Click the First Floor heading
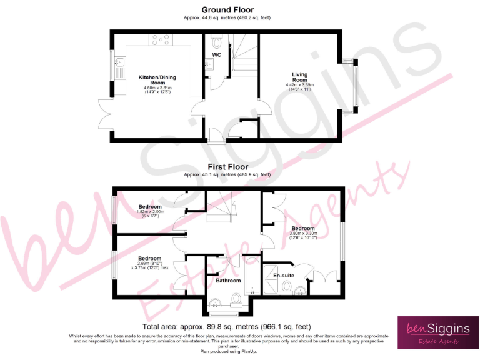coord(227,167)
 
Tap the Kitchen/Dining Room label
coord(152,80)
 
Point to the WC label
coord(216,56)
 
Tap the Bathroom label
coord(228,281)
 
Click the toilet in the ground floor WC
coord(216,42)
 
